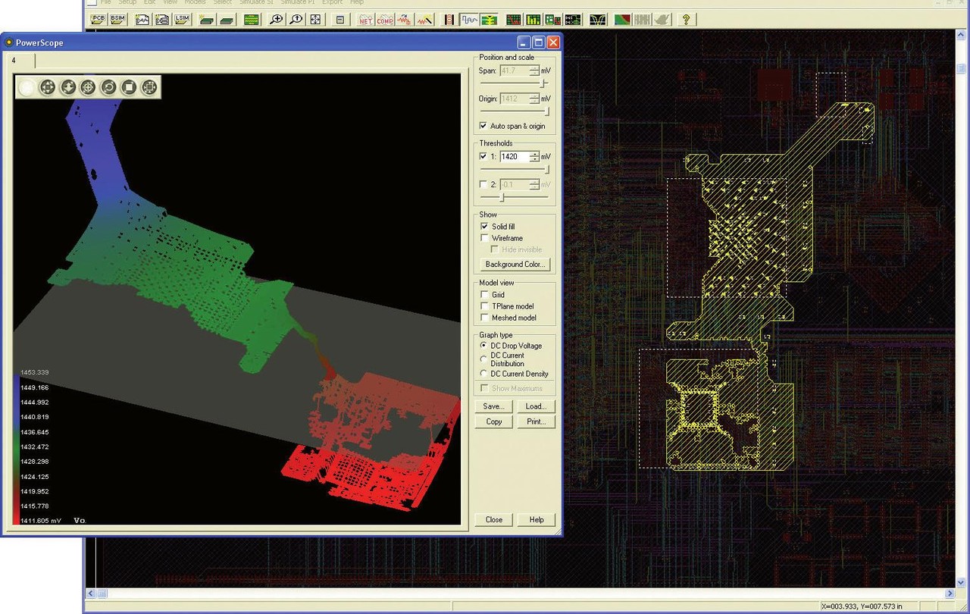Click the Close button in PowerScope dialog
click(494, 519)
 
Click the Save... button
click(494, 406)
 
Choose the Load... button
click(536, 406)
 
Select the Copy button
click(494, 421)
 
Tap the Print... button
click(536, 421)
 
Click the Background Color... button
click(515, 265)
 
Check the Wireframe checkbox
click(484, 238)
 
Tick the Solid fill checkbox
click(484, 227)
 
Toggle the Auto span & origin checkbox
click(484, 126)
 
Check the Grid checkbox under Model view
click(484, 295)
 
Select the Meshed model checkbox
click(484, 318)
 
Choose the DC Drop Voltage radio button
click(484, 346)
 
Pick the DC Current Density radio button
click(484, 374)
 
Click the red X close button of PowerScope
click(553, 42)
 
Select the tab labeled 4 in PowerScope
click(14, 60)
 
